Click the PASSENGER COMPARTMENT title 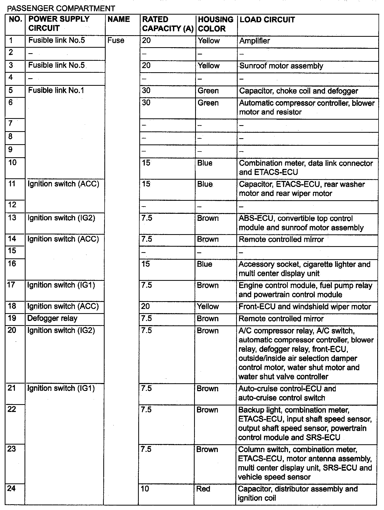61,9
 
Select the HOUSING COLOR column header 215,24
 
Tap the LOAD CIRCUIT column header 267,20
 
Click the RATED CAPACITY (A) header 167,24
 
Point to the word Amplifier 254,41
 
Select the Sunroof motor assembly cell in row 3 281,66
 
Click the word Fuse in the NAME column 116,40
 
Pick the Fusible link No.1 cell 56,90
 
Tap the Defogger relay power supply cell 52,318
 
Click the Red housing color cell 203,489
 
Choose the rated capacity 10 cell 145,489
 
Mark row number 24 11,488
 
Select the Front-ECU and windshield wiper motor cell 304,307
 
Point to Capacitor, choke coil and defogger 298,91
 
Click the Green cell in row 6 208,103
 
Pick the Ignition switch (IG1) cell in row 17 61,285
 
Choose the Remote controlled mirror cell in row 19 281,319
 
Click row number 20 12,330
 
